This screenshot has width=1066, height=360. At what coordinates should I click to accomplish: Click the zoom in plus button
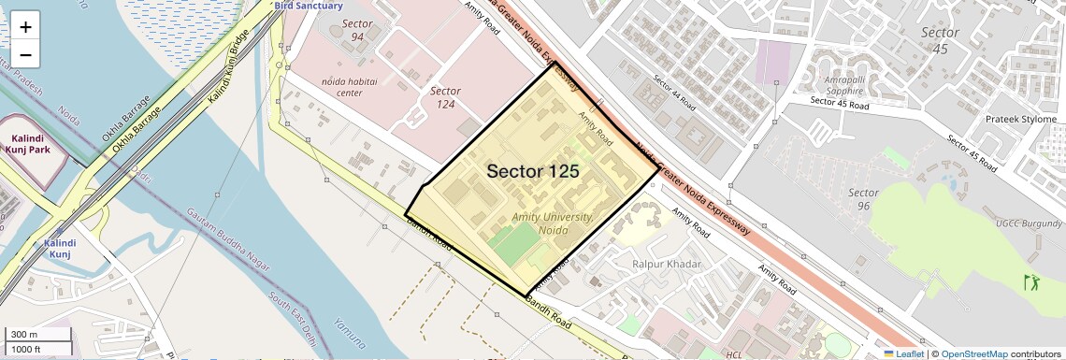pos(25,27)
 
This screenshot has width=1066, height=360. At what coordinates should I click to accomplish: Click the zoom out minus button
pos(25,55)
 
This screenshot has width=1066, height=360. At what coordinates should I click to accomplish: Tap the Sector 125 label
pos(532,172)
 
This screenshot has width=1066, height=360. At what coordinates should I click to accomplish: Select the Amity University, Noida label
pos(553,223)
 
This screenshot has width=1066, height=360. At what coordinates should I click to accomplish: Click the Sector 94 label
pos(357,30)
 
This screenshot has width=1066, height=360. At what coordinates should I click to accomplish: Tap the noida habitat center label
pos(349,87)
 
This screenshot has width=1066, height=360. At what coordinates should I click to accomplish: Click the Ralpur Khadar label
pos(667,265)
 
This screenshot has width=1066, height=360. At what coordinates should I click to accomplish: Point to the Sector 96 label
pos(863,199)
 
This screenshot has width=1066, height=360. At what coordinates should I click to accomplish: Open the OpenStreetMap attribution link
pos(973,353)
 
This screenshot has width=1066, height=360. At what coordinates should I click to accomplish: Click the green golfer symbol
pos(1033,281)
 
